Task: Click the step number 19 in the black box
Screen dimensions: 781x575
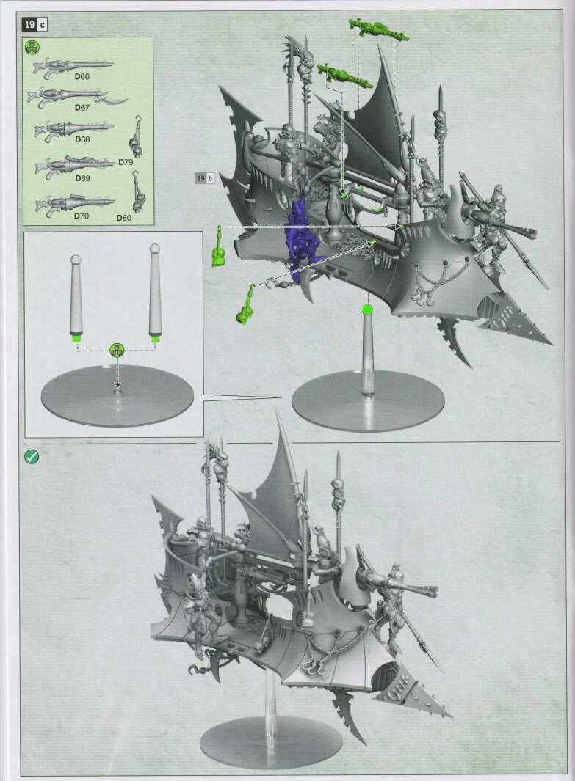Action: [x=30, y=25]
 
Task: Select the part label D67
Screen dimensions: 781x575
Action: [x=82, y=107]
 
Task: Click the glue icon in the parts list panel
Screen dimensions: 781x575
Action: [x=32, y=48]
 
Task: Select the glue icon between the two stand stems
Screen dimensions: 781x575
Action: [x=117, y=351]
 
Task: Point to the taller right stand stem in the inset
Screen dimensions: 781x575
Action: [x=155, y=290]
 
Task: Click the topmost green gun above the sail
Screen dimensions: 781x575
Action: [x=377, y=30]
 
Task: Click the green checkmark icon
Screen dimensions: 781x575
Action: [x=32, y=456]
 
